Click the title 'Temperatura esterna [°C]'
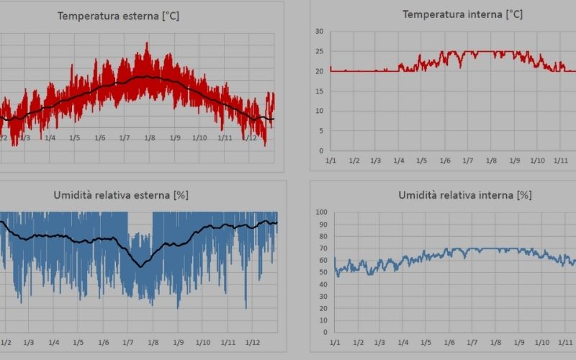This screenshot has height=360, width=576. [x=118, y=16]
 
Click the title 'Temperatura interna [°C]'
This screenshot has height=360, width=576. [x=462, y=14]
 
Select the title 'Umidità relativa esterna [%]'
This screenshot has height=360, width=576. [x=121, y=195]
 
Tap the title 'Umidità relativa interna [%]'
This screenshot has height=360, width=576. [x=465, y=195]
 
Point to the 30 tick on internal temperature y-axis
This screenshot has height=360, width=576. [x=319, y=32]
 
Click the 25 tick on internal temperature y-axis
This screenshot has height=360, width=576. [x=319, y=51]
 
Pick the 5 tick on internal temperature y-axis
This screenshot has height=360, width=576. [x=321, y=131]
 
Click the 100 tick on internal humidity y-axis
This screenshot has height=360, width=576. [x=321, y=212]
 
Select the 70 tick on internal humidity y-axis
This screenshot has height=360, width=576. [x=323, y=248]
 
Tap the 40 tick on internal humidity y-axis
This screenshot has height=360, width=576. [x=323, y=284]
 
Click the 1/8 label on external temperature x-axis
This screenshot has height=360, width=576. [x=150, y=138]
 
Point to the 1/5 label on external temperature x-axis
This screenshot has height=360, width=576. [x=75, y=138]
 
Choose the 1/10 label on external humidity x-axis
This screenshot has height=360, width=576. [x=203, y=343]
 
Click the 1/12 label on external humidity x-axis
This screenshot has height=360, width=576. [x=253, y=343]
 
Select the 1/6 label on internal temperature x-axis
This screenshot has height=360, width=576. [x=445, y=161]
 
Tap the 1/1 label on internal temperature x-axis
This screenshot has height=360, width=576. [x=330, y=161]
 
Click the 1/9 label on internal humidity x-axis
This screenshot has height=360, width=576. [x=519, y=343]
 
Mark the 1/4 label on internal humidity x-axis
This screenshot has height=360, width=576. [x=403, y=343]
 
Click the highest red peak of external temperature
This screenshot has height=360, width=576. [x=147, y=43]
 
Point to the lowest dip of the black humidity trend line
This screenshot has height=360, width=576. [x=140, y=266]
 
